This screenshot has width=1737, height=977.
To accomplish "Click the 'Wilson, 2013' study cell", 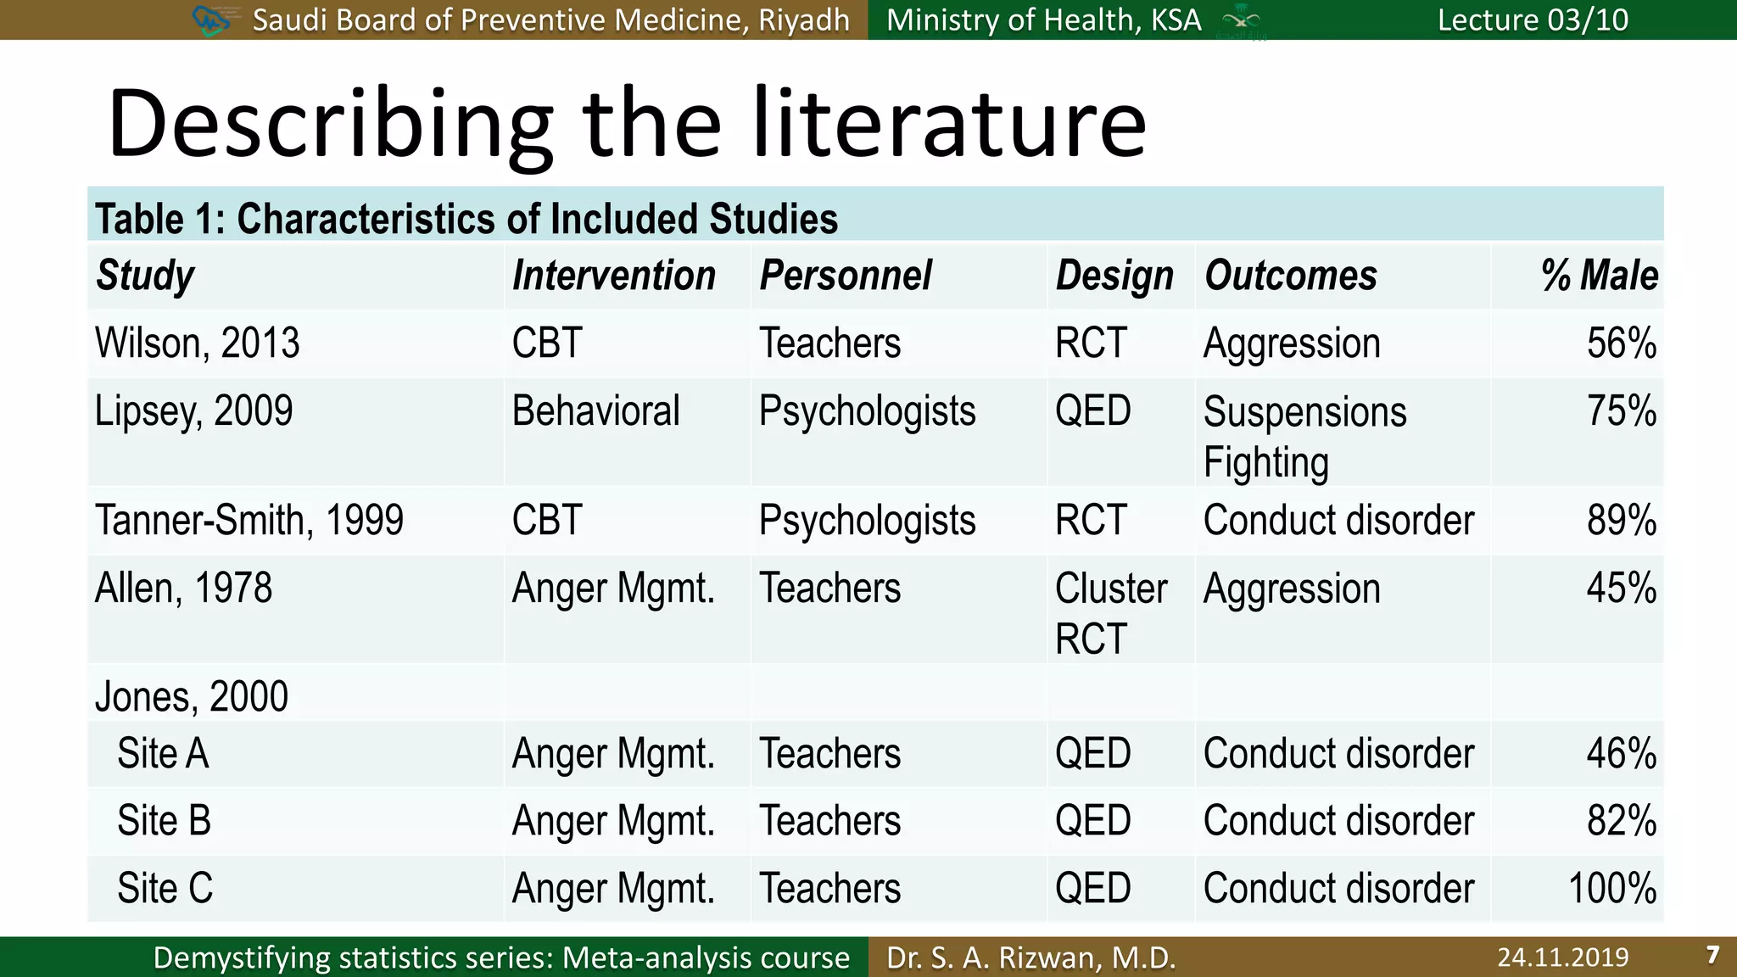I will (197, 343).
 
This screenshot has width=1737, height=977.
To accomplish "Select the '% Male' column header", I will (1599, 276).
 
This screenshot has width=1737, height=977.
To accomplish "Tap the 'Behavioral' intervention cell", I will (595, 411).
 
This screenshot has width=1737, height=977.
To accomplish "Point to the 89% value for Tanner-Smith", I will (1621, 520).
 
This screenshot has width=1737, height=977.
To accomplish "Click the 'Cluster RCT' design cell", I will (1111, 612).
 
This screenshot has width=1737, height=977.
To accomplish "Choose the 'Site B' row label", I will (164, 821).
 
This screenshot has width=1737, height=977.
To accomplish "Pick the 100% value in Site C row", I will (1611, 889).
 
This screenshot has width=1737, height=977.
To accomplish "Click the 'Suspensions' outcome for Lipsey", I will (1304, 412).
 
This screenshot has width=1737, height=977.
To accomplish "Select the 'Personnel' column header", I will (845, 276).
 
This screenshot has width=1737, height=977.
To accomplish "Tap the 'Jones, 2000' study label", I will (192, 696).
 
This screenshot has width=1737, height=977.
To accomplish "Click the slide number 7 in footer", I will (1712, 956).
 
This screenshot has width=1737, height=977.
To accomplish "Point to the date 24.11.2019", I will (1562, 957).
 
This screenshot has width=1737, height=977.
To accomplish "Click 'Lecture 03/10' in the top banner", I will (1533, 20).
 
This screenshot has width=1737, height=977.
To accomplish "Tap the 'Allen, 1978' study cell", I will (183, 588).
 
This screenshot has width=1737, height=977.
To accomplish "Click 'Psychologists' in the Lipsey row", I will (867, 411).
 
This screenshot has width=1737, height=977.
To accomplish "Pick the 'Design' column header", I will (1114, 276).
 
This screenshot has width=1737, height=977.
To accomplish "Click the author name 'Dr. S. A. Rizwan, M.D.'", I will (1030, 957).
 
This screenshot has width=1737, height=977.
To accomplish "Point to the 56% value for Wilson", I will (1621, 343).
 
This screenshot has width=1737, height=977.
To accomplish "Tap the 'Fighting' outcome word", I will (1265, 463).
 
